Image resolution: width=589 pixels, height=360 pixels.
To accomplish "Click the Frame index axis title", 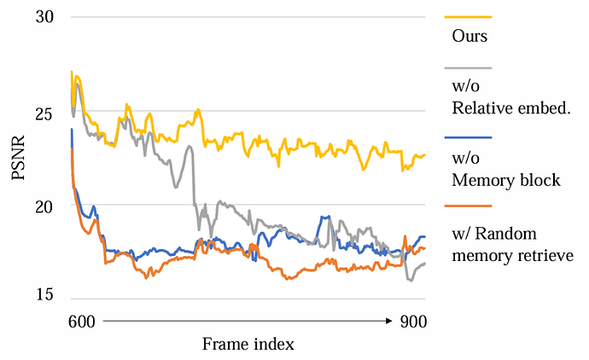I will [x=248, y=344].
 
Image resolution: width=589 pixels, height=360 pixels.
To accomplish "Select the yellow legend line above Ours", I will [x=468, y=16].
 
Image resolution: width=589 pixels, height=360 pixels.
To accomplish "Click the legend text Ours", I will [x=469, y=37].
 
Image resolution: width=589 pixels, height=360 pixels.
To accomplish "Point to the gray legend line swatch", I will [x=468, y=67].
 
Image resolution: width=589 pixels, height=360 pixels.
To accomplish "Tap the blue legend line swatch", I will [x=468, y=136].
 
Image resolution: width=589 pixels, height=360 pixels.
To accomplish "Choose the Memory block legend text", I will [x=505, y=180].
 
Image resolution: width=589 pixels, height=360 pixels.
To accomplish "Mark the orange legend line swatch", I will [x=468, y=206].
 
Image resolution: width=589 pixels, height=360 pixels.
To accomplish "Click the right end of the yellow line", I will [x=424, y=155].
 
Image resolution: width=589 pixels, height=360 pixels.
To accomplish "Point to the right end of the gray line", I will [x=424, y=263].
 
